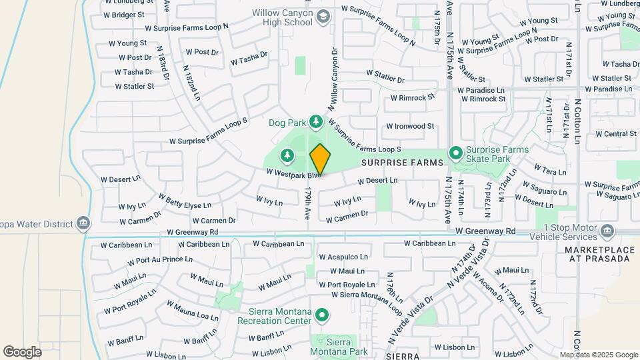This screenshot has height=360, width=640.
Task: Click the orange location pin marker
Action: (320, 160)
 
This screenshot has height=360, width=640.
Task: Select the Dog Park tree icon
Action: (317, 122)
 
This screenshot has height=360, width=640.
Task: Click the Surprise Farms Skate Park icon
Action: (456, 154)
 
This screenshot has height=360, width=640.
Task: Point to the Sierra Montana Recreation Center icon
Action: (322, 314)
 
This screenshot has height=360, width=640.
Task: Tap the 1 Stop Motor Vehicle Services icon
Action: (607, 232)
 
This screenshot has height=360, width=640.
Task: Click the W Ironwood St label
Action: (410, 126)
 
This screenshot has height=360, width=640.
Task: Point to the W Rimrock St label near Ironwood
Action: (412, 97)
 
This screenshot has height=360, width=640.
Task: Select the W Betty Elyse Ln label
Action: (185, 201)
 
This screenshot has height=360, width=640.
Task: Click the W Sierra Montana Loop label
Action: (366, 295)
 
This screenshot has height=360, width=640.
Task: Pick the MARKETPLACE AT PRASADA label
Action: (598, 254)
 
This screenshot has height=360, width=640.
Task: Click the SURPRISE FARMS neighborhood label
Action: (403, 163)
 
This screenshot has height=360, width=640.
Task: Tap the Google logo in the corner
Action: (22, 351)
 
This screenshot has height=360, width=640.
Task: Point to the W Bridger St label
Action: (125, 15)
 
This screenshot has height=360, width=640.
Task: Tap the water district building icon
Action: (83, 222)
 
